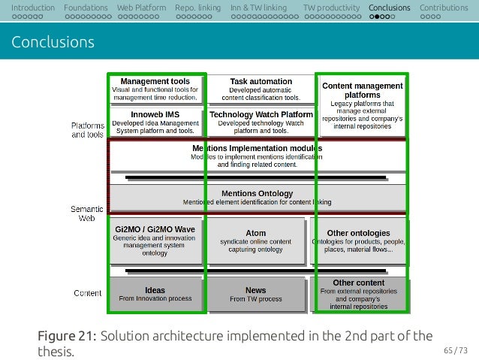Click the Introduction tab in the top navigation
click(x=33, y=8)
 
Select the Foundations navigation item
click(x=86, y=8)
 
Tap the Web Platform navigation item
click(x=141, y=8)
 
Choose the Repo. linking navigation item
click(x=197, y=8)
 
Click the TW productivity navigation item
click(x=332, y=8)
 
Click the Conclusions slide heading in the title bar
click(x=53, y=42)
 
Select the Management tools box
click(x=155, y=89)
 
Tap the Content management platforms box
click(x=362, y=104)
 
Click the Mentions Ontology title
click(x=257, y=193)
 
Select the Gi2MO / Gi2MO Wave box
click(x=155, y=240)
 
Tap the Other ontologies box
click(x=359, y=240)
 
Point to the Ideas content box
click(x=155, y=294)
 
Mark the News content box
click(x=255, y=294)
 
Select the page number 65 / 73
click(x=454, y=349)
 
